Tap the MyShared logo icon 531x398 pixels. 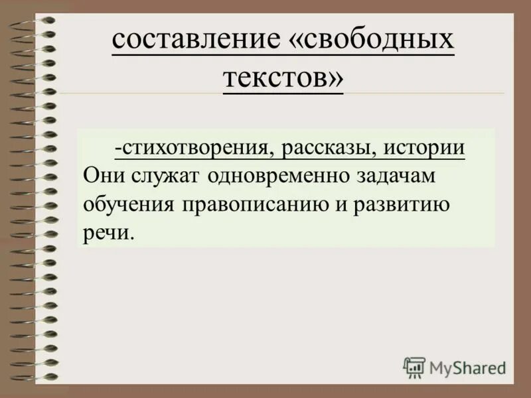[x=414, y=367]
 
